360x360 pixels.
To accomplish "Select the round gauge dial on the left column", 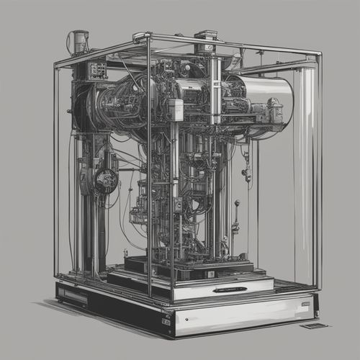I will point(105,180).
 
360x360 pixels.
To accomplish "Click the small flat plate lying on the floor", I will point(314,325).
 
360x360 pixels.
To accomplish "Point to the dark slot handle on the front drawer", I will point(229,289).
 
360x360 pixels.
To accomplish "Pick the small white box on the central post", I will point(176,109).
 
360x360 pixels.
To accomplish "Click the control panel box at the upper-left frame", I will point(97,70).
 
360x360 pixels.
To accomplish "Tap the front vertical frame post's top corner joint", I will point(148,38).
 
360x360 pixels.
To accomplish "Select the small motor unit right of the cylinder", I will point(274,112).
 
